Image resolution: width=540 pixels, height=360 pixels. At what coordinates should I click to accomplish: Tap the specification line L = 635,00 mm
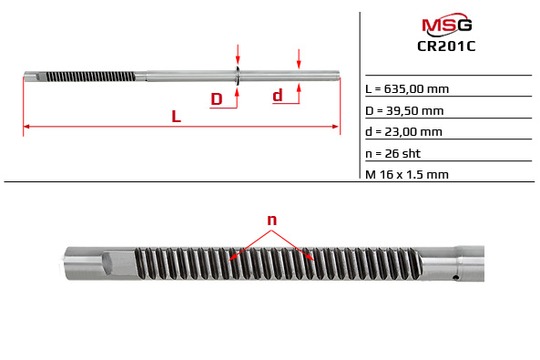407,88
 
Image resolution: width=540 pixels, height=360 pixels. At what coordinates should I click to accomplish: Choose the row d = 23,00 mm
404,131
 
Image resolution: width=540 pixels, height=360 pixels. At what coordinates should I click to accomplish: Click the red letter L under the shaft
176,117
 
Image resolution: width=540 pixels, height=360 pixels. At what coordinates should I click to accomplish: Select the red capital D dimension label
217,98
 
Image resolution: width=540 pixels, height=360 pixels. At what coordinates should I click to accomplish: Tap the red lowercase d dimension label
278,95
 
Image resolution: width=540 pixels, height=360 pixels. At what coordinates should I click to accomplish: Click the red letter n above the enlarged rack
271,220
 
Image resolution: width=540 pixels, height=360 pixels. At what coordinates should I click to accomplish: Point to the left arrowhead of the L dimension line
26,126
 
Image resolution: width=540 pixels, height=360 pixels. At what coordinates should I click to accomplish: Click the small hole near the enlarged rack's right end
454,278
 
